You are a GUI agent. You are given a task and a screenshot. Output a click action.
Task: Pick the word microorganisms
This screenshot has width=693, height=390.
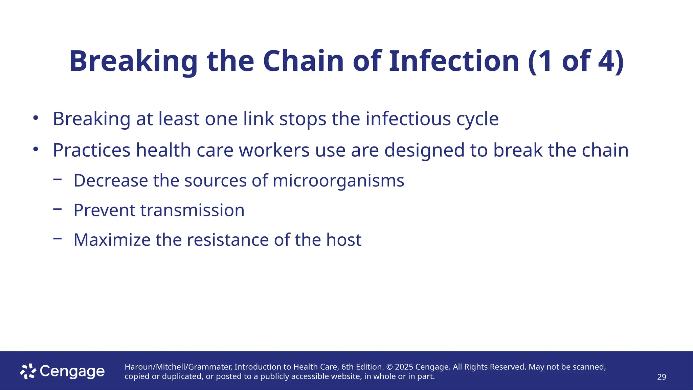coord(338,181)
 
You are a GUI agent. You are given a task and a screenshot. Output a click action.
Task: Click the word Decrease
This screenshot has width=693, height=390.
coord(111,180)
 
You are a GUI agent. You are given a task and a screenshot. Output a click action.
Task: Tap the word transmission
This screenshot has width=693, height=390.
coord(192,210)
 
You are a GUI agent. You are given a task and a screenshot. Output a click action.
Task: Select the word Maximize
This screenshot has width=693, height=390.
coord(112,240)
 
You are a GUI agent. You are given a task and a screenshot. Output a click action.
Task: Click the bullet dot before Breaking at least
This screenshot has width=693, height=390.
coord(36,118)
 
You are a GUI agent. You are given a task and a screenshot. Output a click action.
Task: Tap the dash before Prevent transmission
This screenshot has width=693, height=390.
coord(58,209)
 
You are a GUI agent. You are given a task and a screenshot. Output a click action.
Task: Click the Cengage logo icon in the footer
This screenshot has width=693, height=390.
coord(28,371)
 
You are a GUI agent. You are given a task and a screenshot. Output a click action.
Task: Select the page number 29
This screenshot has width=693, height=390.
coord(662,377)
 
